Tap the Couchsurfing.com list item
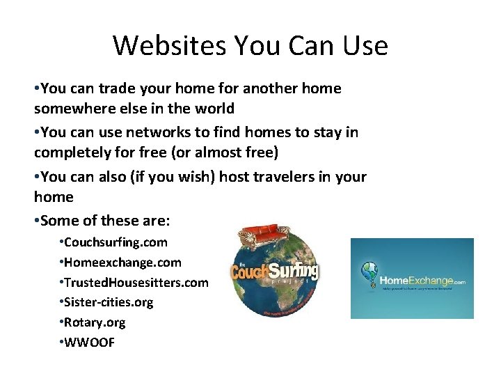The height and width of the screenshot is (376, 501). pyautogui.click(x=116, y=242)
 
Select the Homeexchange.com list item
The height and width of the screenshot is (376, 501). pyautogui.click(x=122, y=263)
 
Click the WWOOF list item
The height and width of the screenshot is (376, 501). pyautogui.click(x=89, y=343)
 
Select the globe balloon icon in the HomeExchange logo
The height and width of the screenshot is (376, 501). pyautogui.click(x=369, y=273)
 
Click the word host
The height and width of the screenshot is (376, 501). pyautogui.click(x=234, y=177)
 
